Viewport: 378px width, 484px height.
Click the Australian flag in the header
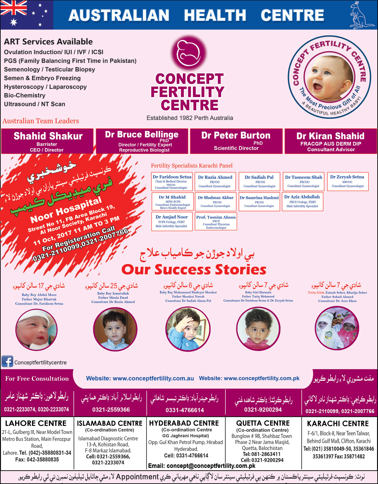(26, 15)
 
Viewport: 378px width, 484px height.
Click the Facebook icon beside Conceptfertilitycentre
(7, 361)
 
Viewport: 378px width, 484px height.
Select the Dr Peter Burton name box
(236, 141)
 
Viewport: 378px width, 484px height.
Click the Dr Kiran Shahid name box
(331, 141)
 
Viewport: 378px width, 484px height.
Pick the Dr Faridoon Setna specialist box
(172, 181)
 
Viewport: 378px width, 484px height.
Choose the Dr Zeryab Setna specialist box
(348, 181)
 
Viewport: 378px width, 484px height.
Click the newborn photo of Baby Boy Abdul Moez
(37, 329)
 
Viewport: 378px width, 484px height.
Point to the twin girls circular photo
(337, 328)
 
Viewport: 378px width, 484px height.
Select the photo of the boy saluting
(187, 329)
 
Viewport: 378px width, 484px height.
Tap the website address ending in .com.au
(140, 378)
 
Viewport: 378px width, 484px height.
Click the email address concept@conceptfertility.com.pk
(202, 466)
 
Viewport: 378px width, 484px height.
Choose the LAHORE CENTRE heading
(36, 423)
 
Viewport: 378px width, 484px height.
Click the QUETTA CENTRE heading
(263, 423)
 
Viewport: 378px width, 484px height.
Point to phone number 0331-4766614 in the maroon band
(185, 410)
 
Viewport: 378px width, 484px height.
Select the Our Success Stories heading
(194, 269)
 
